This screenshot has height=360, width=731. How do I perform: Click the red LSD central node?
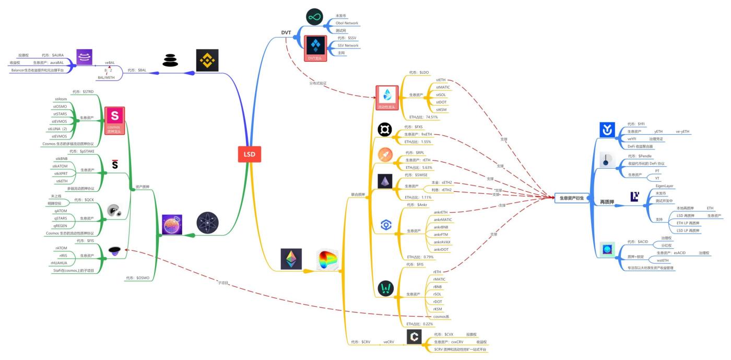pos(249,154)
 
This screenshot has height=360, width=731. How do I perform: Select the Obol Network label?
pos(347,24)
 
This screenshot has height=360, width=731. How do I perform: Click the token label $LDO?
pos(419,72)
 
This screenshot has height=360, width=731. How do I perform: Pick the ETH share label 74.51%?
pos(423,117)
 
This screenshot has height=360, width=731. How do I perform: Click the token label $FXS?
pos(415,127)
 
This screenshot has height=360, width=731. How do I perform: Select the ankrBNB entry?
pos(442,227)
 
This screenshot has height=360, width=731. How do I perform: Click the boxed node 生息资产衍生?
pos(571,198)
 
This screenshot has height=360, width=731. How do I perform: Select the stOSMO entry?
pos(61,106)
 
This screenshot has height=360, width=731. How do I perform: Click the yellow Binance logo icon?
pos(207,60)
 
